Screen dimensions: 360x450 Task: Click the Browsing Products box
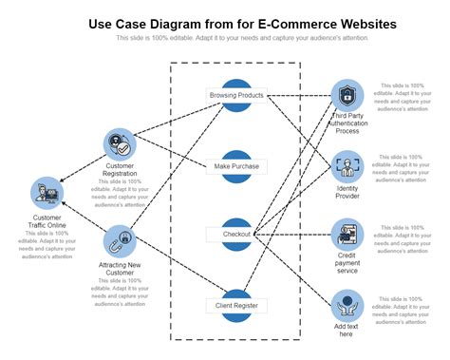(236, 95)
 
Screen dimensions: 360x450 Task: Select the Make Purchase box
(236, 166)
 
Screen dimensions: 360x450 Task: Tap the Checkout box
(236, 234)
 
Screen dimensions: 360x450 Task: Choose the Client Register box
(236, 305)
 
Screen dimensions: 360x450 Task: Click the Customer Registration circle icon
(121, 145)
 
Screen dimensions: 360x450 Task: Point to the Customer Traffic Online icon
(47, 194)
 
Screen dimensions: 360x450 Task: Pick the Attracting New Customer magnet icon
(121, 240)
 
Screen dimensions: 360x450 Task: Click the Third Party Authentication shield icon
(347, 95)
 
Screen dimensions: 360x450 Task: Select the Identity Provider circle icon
(347, 166)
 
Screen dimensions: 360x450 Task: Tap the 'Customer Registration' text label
(121, 170)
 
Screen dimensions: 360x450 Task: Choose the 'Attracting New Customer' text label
(122, 269)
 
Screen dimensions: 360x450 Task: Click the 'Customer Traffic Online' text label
(47, 222)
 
